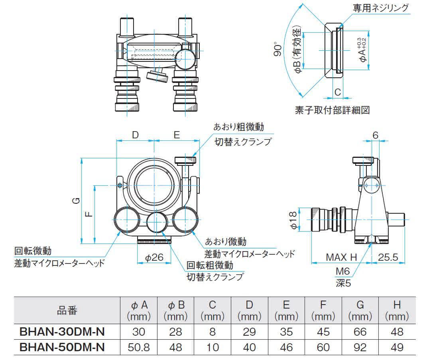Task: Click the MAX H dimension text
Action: tap(341, 257)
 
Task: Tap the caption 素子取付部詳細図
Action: tap(332, 110)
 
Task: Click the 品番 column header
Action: tap(67, 311)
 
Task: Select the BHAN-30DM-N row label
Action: tap(62, 332)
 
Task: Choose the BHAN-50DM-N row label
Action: tap(62, 347)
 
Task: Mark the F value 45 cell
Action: tap(323, 332)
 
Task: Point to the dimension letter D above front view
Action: tap(135, 135)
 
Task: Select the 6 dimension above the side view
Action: tap(375, 135)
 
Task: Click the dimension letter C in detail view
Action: tap(337, 92)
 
